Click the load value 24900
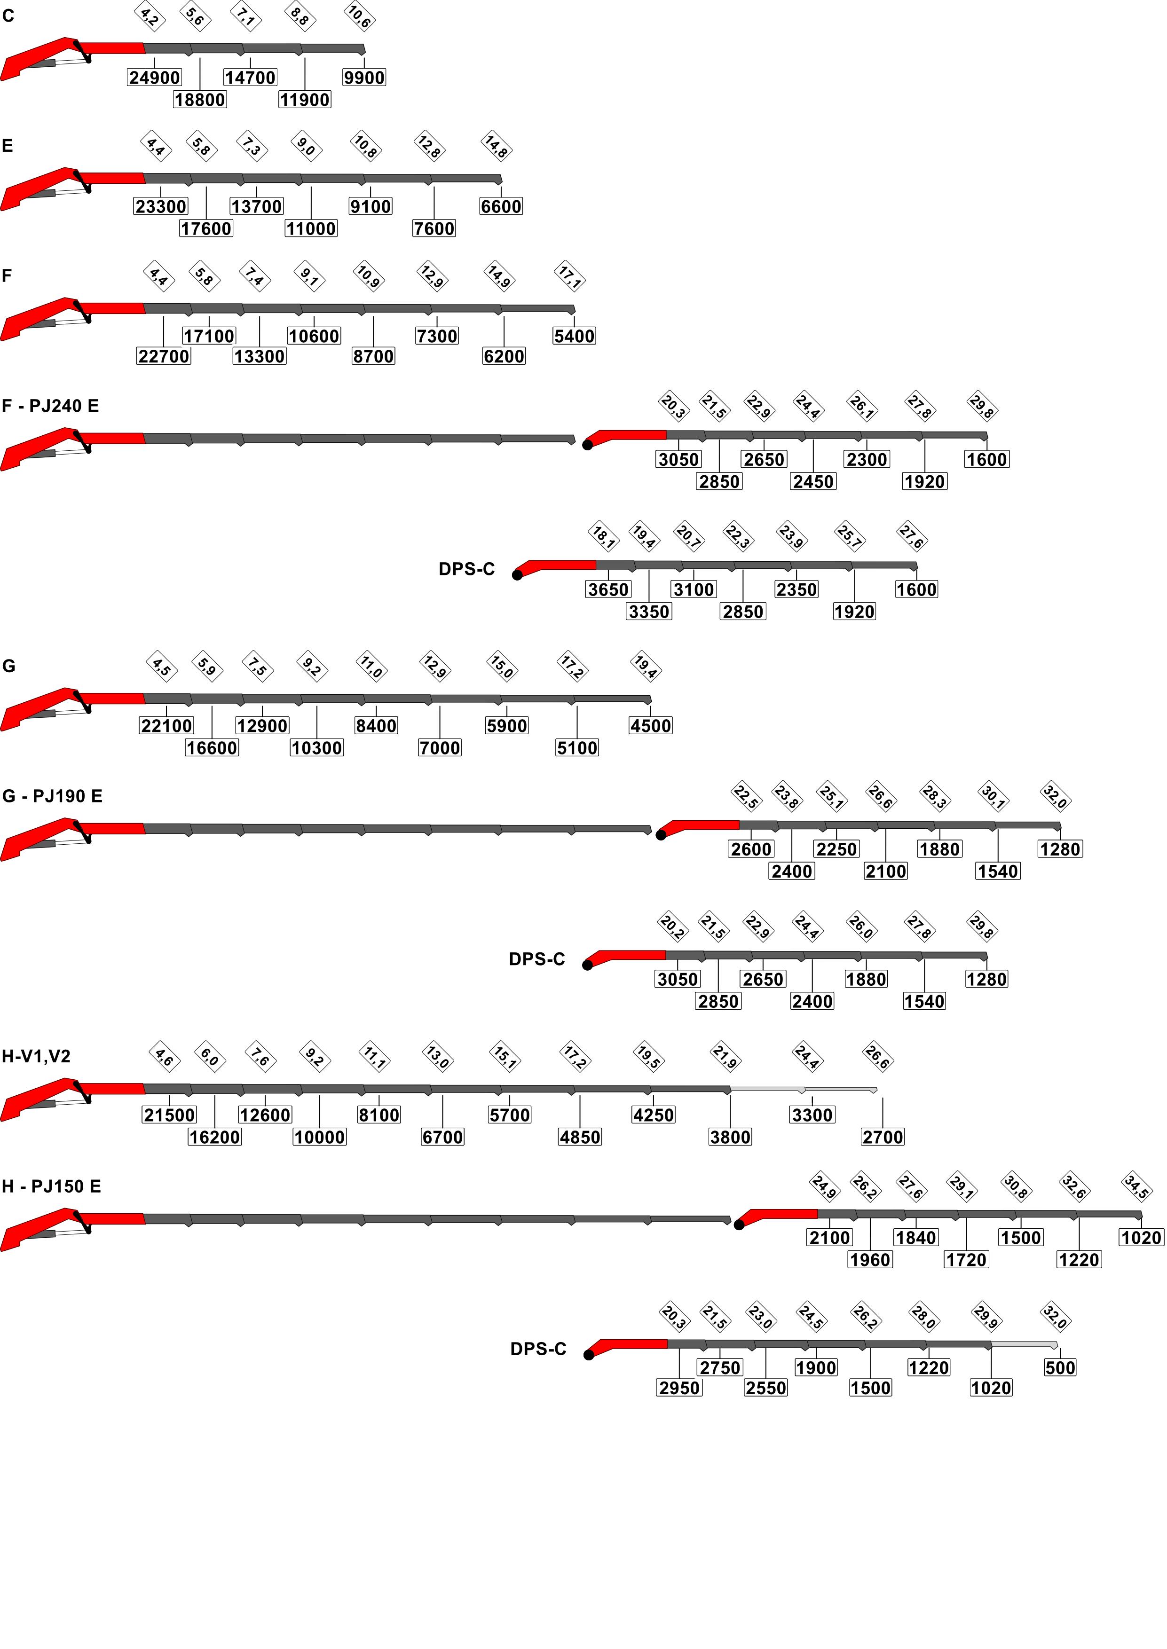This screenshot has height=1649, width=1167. (155, 78)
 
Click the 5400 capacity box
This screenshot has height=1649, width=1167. (574, 336)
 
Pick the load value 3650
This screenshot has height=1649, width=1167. (608, 589)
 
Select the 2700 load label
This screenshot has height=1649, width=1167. (883, 1137)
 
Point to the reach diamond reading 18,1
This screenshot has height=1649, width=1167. (603, 536)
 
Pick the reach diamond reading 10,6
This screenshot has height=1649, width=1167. (359, 16)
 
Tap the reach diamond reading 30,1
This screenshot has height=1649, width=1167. (993, 796)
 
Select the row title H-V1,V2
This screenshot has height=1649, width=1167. (36, 1057)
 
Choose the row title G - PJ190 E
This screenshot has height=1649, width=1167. (53, 796)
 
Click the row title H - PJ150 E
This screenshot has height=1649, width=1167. (51, 1186)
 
